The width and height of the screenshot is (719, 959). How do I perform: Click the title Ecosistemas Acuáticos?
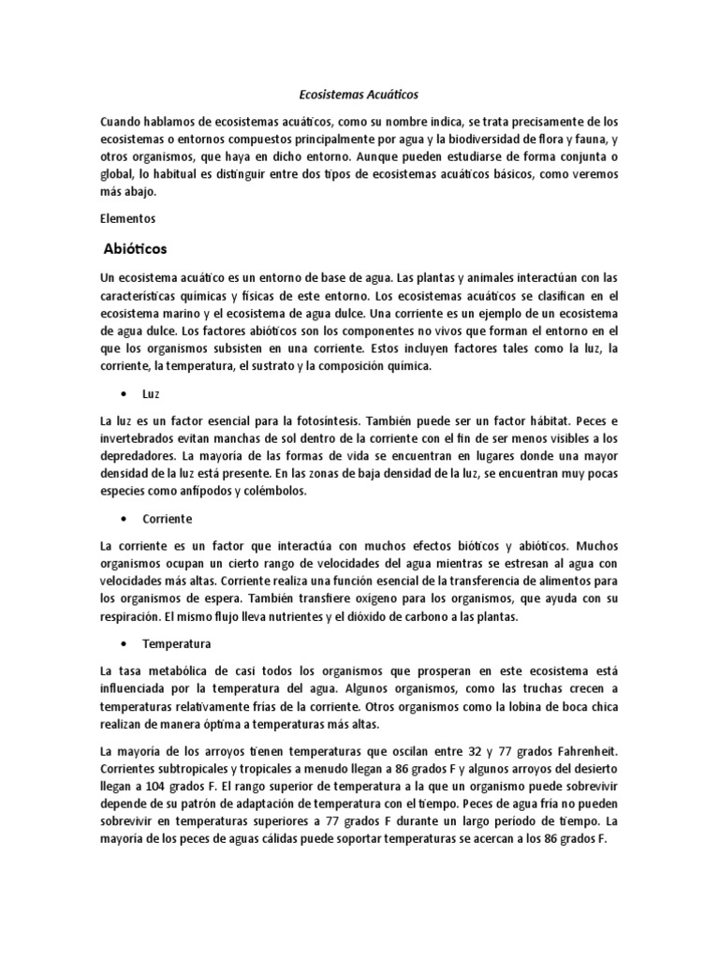pyautogui.click(x=359, y=95)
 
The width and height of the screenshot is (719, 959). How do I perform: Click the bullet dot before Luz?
pyautogui.click(x=123, y=395)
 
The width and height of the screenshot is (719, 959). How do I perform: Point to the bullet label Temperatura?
pyautogui.click(x=176, y=644)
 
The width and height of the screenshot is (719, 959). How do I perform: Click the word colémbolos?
pyautogui.click(x=297, y=491)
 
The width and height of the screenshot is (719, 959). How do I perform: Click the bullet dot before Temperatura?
pyautogui.click(x=123, y=644)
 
